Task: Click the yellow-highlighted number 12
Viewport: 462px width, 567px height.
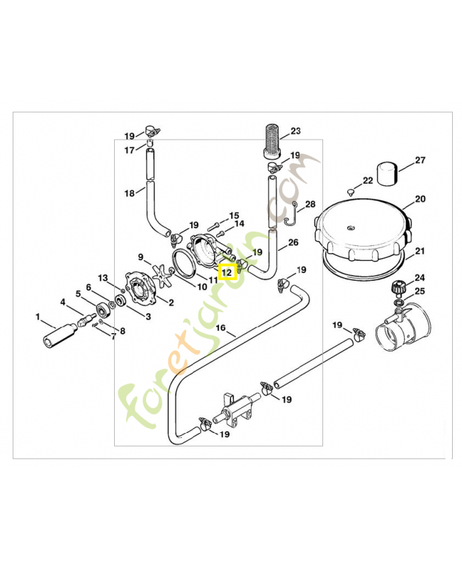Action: click(x=227, y=271)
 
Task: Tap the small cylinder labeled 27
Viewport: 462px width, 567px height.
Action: click(x=387, y=172)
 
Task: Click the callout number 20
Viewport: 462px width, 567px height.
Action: click(x=420, y=199)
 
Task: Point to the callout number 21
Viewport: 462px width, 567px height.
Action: click(x=419, y=252)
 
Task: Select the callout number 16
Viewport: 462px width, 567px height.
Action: click(x=220, y=328)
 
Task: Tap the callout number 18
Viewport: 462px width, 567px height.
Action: click(x=129, y=193)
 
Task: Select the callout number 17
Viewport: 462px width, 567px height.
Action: click(x=129, y=150)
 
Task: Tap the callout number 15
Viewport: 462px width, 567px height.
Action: click(x=234, y=215)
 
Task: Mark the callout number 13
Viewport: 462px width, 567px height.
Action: click(x=103, y=278)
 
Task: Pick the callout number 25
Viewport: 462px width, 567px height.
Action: click(x=419, y=292)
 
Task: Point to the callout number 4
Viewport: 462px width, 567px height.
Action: click(x=63, y=303)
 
